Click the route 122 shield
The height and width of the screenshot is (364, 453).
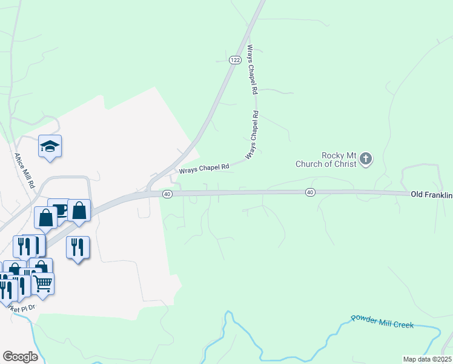tap(235, 60)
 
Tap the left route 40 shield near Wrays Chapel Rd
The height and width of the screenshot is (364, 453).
tap(168, 194)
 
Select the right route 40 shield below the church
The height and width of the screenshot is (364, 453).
tap(310, 192)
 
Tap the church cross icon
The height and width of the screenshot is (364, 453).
tap(365, 160)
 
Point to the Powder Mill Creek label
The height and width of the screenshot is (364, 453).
tap(382, 322)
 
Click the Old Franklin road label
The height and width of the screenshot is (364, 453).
tap(431, 194)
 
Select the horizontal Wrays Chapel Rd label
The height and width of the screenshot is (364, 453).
tap(203, 167)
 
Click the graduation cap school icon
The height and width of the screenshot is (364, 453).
tap(50, 146)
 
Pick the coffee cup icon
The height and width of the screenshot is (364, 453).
tap(59, 210)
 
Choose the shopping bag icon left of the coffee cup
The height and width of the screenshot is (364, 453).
tap(45, 218)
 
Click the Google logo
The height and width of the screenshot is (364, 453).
tap(20, 357)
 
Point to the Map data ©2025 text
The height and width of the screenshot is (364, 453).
tap(427, 359)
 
